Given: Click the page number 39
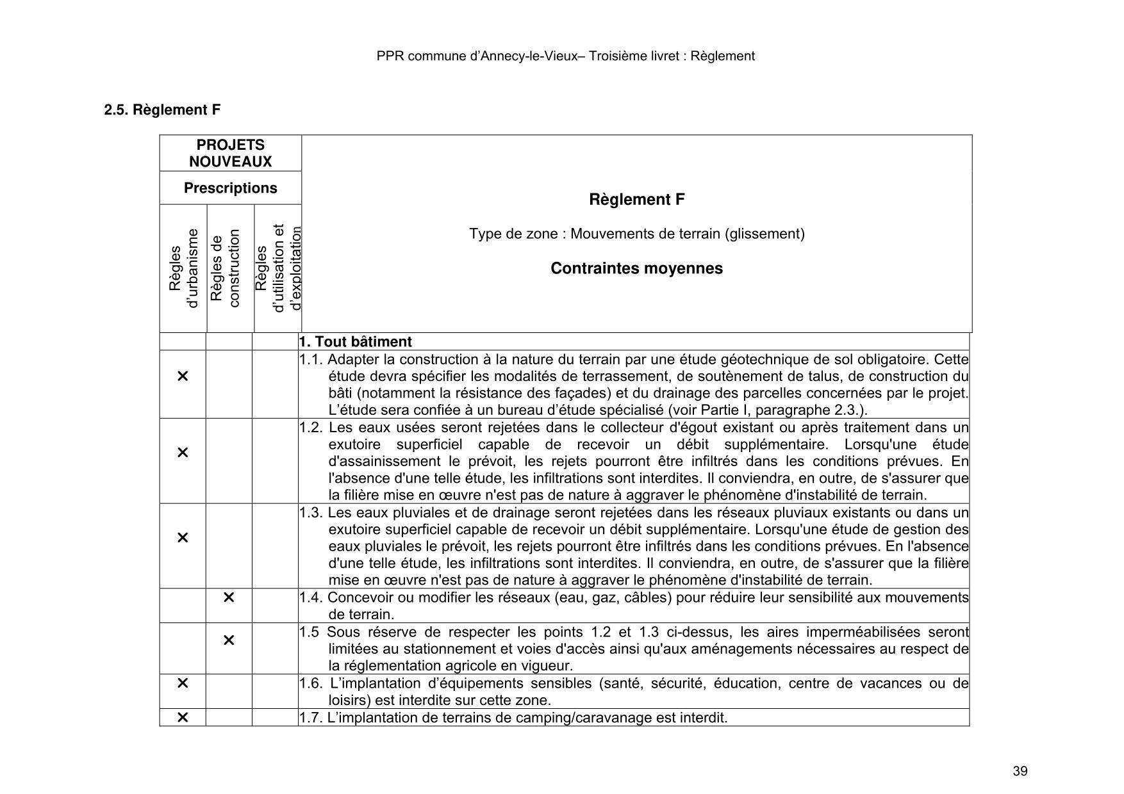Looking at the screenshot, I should (1020, 771).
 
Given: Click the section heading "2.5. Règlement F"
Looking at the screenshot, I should (162, 109).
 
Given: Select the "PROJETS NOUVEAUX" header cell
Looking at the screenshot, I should (230, 153).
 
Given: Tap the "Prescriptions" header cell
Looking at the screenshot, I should (230, 188).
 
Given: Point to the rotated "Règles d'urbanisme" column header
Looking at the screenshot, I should (183, 268).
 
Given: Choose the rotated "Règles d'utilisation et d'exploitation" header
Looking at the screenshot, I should (277, 268).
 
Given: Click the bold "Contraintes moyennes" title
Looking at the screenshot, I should (636, 268).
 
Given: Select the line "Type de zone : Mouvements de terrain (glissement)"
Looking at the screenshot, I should (636, 234).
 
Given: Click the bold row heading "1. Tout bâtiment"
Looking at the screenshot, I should (356, 342).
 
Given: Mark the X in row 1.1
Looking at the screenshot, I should (183, 376).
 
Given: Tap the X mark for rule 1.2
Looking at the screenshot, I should (183, 453).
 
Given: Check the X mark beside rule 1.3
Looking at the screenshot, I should (183, 538).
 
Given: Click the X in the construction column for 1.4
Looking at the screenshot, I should (229, 597).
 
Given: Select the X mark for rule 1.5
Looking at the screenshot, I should (229, 640).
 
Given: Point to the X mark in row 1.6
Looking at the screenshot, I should (183, 683).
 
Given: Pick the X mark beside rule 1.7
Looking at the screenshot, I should (183, 717).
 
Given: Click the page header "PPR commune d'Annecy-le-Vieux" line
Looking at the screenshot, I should (565, 56).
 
